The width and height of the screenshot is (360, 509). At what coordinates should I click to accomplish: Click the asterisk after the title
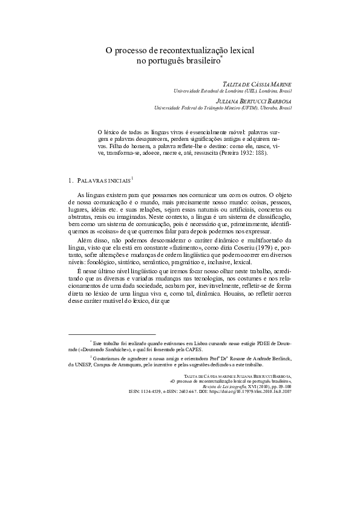(x=222, y=59)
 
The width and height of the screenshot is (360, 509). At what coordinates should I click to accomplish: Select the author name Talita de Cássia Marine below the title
(x=258, y=83)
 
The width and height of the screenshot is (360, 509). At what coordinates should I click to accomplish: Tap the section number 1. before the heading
(x=72, y=180)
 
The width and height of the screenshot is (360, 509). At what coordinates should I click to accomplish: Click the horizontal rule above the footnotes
(x=112, y=334)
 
